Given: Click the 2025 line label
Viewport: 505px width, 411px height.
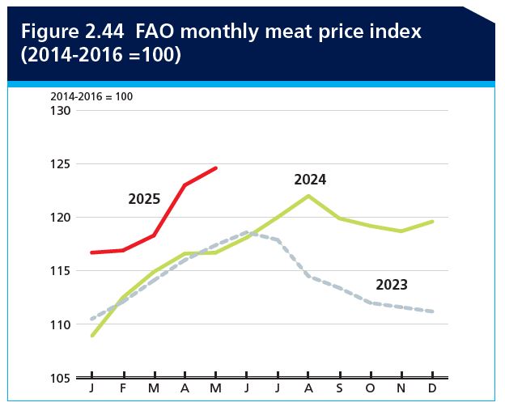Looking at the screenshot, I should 144,199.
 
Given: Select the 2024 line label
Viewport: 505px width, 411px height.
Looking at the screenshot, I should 310,180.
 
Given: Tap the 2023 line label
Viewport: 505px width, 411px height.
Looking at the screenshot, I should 392,285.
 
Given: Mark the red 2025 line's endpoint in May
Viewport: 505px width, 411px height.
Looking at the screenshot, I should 216,168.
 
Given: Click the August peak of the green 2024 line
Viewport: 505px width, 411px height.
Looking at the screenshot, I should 308,196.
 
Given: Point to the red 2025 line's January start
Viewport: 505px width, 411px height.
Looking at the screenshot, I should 92,252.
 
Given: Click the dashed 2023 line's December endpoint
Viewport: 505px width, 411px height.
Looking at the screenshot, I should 433,311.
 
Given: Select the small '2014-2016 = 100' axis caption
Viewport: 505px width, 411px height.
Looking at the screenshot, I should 91,96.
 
